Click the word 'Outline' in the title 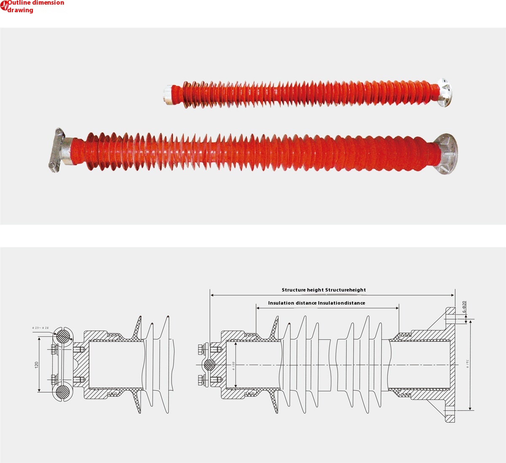[21, 3]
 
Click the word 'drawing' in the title [20, 10]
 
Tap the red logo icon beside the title [4, 6]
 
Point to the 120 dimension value [37, 364]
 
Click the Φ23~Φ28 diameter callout [40, 327]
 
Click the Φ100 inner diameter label [233, 365]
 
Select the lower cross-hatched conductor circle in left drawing [63, 392]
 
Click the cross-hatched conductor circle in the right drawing [210, 364]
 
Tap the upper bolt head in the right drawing [201, 349]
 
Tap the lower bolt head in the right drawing [201, 380]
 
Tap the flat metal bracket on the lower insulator [56, 150]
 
